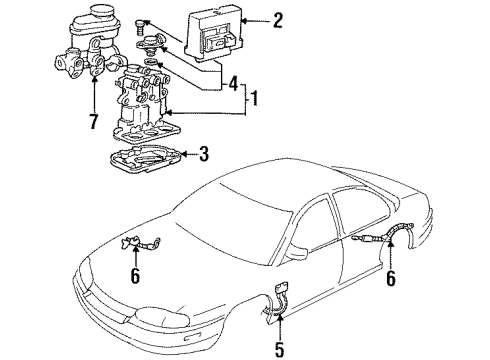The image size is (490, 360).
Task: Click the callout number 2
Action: (278, 18)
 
